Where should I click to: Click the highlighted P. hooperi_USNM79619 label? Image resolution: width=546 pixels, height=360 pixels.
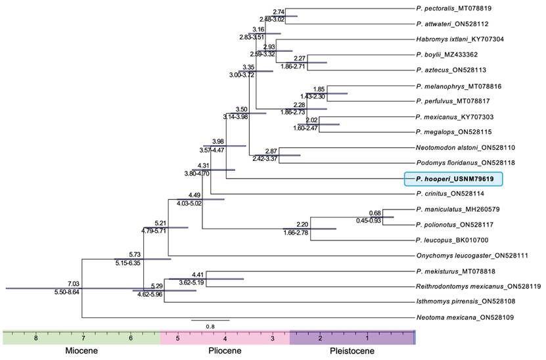pos(453,179)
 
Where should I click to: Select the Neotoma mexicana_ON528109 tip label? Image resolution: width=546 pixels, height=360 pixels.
pos(457,318)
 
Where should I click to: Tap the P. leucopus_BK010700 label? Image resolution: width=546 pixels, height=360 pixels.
pos(450,240)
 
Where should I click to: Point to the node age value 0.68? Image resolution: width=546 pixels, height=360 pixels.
pos(375,213)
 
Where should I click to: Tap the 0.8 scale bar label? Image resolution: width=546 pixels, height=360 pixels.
pos(210,326)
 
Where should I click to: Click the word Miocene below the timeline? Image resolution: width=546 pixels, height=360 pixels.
pos(81,351)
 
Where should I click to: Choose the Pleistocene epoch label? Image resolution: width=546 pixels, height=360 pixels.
pos(352,351)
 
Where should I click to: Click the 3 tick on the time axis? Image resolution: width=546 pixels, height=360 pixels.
pos(273,338)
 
